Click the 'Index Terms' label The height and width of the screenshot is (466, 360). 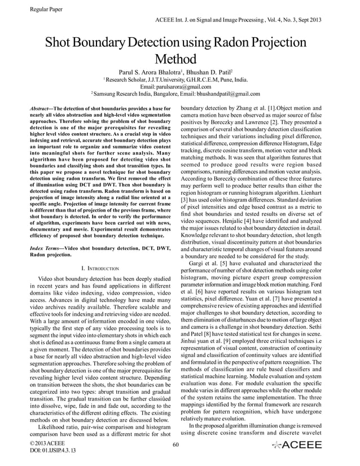[x=45, y=249]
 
